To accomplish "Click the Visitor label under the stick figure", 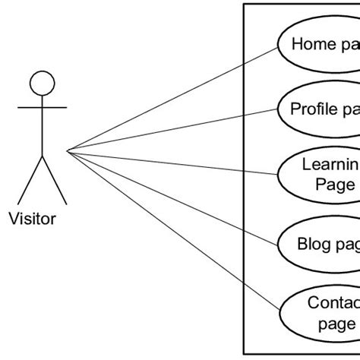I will click(x=32, y=219).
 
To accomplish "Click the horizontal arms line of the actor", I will click(x=42, y=107).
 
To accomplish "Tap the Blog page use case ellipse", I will click(x=319, y=245).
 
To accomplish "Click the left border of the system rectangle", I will click(x=244, y=182).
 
